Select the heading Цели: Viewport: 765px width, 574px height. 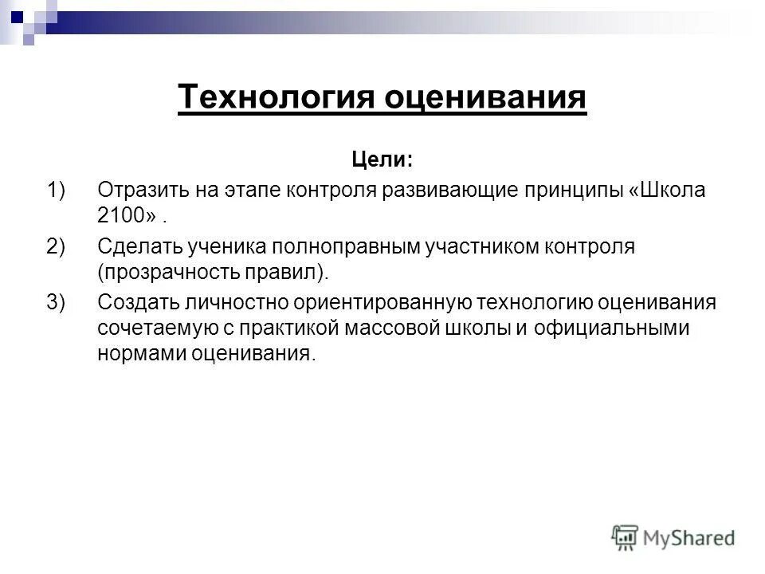pyautogui.click(x=382, y=159)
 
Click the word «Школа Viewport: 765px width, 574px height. pyautogui.click(x=668, y=191)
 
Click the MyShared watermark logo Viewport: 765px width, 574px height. pyautogui.click(x=673, y=538)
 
